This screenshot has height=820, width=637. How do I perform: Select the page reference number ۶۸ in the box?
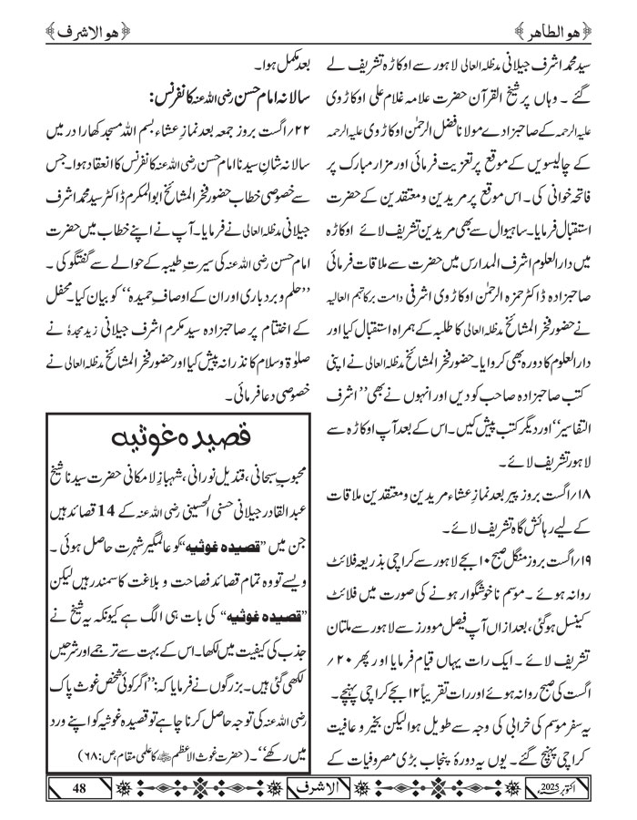(x=49, y=753)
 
